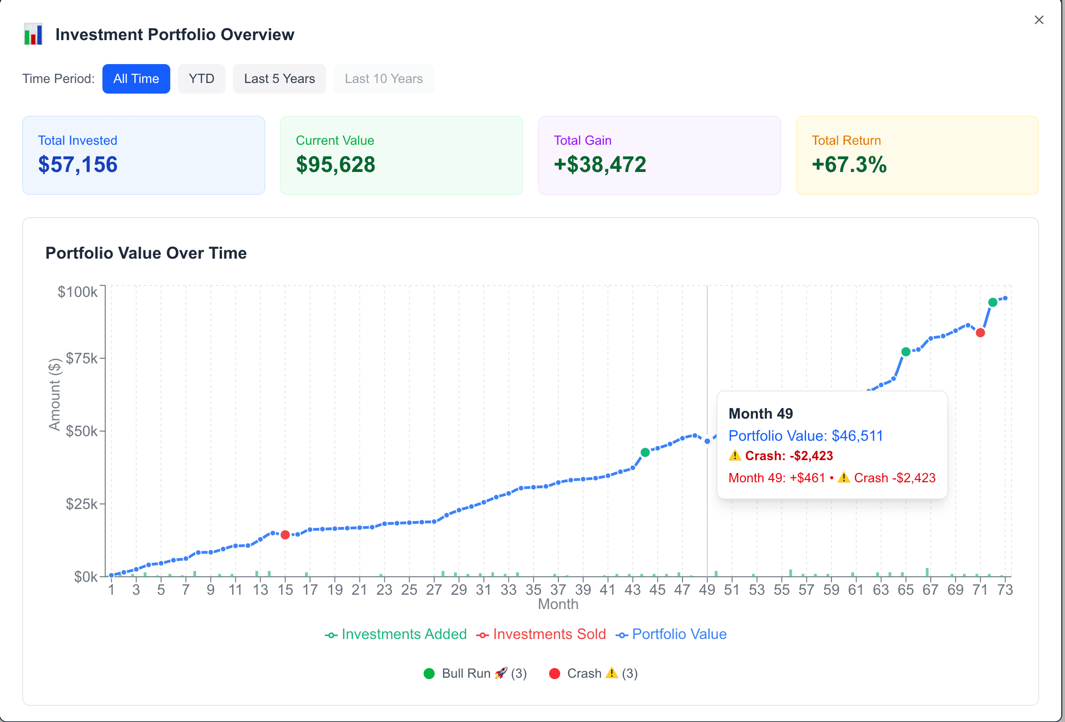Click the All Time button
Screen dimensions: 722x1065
pos(136,79)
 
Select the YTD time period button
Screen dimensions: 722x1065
pos(202,79)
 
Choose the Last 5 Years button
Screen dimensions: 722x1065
pos(279,79)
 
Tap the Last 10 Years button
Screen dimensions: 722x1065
pos(383,79)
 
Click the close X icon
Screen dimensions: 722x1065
pos(1039,20)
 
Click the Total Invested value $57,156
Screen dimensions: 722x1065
pos(78,165)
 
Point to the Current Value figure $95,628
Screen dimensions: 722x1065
pos(335,165)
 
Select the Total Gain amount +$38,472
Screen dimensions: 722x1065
pos(600,165)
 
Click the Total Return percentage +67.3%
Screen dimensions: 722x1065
pos(849,165)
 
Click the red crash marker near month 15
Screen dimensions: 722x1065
pos(285,535)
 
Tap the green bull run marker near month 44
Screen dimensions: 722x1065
pos(645,452)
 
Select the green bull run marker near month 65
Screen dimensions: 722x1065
pos(906,352)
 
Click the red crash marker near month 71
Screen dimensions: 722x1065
pos(981,332)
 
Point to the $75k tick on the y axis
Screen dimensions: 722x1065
pos(82,358)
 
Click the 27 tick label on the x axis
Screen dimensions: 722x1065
pos(434,590)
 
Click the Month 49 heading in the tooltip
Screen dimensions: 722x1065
pos(760,414)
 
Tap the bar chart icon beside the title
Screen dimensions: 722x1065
pos(33,34)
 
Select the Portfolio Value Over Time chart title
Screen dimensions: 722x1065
pos(146,253)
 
